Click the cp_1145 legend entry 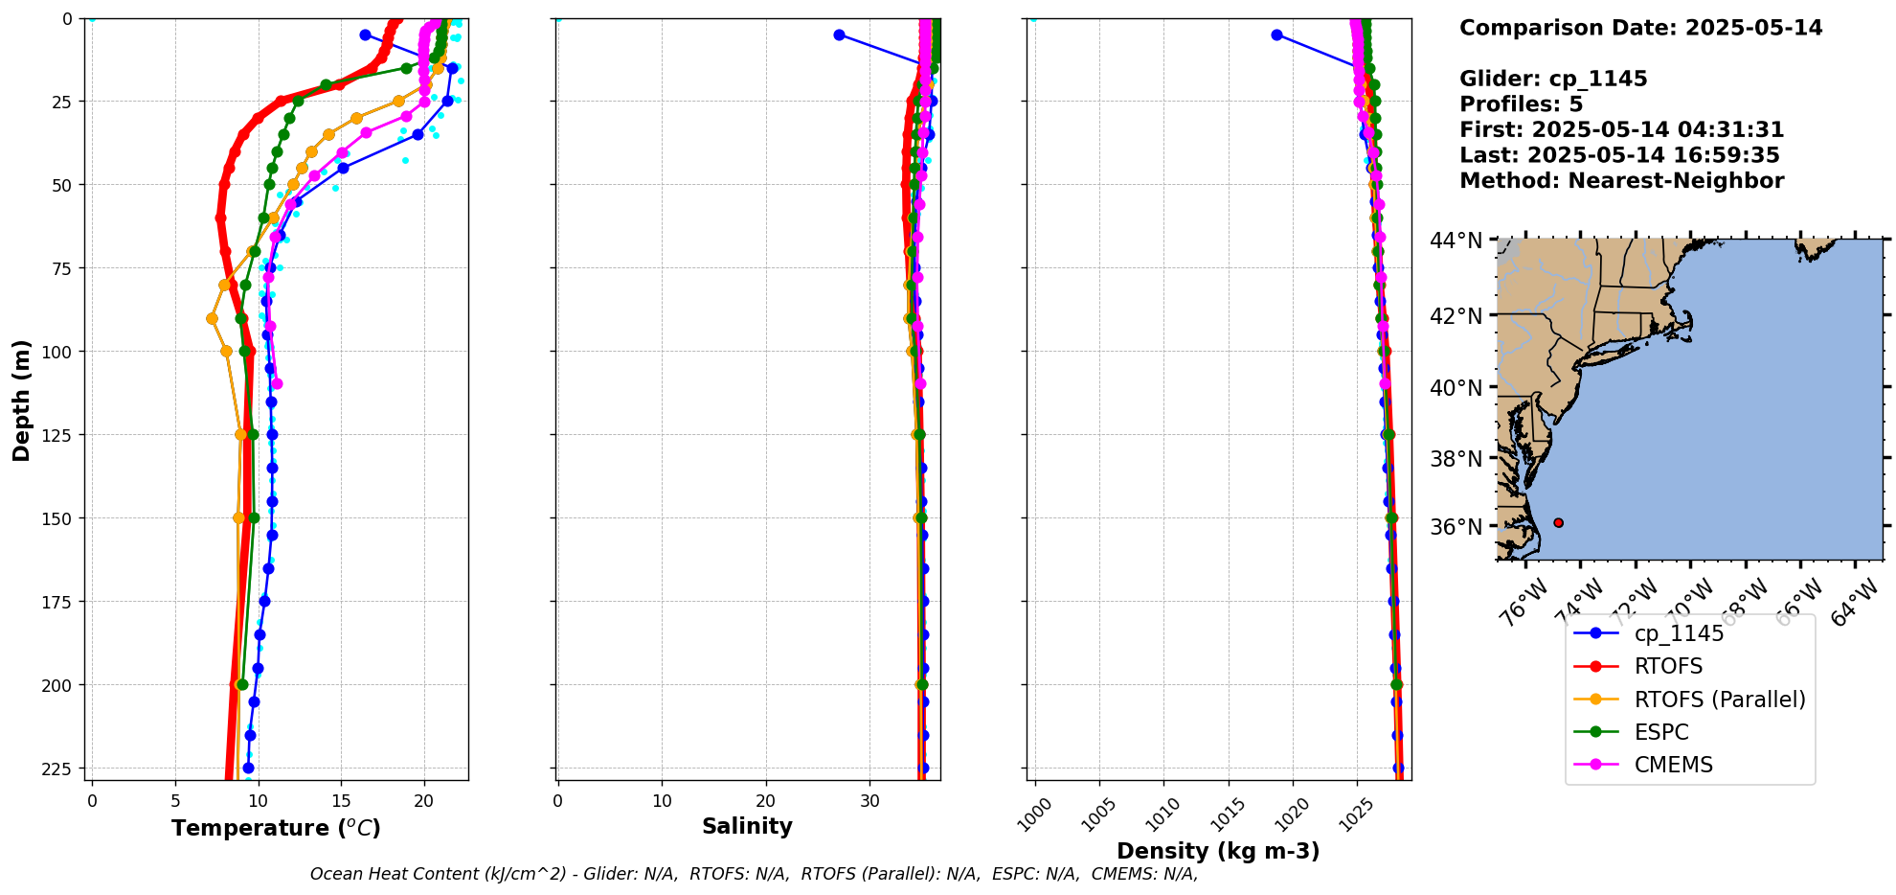point(1678,633)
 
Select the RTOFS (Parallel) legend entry point(1719,700)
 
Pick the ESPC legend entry point(1660,732)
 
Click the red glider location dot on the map point(1558,522)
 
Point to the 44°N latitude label point(1456,241)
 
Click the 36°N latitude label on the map point(1456,527)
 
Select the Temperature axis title point(276,828)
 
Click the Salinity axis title point(747,826)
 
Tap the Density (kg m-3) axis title point(1218,851)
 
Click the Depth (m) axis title point(21,400)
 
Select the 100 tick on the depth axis point(56,352)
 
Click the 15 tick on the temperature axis point(342,800)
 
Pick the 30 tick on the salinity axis point(869,800)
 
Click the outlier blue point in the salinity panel point(839,34)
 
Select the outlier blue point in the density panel point(1276,34)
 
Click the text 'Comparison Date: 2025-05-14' point(1640,28)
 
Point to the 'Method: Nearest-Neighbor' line point(1621,181)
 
